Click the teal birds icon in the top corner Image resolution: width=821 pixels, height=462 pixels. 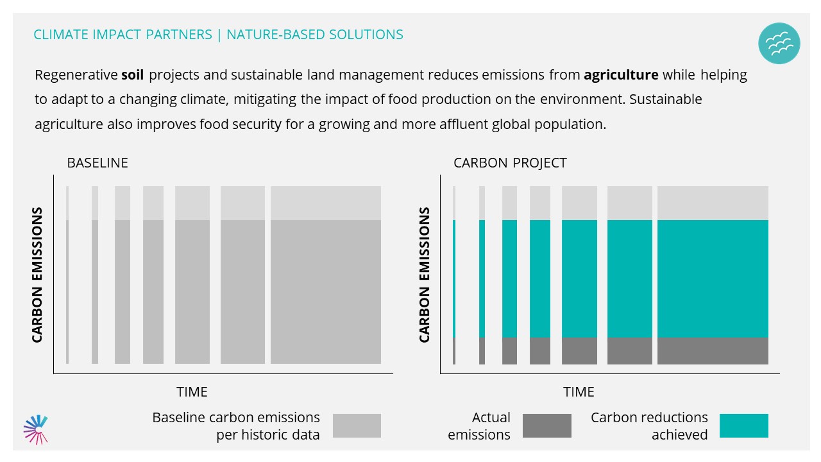(x=779, y=44)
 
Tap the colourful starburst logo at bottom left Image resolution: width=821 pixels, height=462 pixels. (x=36, y=429)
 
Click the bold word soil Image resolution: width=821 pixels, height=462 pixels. (x=132, y=75)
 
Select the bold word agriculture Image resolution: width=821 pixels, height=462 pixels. (x=621, y=75)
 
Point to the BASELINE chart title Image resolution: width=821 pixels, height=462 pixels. (x=97, y=163)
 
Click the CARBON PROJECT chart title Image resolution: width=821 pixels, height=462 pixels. (x=510, y=163)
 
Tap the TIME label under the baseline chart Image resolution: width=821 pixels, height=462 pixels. (x=192, y=391)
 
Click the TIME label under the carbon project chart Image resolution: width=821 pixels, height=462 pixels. (x=579, y=391)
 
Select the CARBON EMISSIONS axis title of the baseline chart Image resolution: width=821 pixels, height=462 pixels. (x=37, y=275)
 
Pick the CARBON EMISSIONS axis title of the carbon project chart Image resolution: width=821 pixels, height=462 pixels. (x=424, y=275)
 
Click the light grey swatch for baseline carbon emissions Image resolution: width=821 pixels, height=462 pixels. (x=357, y=425)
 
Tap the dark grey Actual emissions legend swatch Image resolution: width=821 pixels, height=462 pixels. (x=546, y=425)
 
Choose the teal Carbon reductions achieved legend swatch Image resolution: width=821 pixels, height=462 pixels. (x=743, y=425)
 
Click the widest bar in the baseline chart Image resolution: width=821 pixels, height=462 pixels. (x=325, y=289)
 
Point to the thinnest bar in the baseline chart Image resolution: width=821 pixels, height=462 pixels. (x=67, y=289)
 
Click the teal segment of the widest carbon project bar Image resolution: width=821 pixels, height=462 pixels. (x=713, y=278)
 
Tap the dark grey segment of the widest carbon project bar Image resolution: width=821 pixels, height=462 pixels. (x=713, y=350)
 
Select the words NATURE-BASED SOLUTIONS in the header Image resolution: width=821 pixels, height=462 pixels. (x=315, y=35)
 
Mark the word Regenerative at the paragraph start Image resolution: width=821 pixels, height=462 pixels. (x=76, y=75)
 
